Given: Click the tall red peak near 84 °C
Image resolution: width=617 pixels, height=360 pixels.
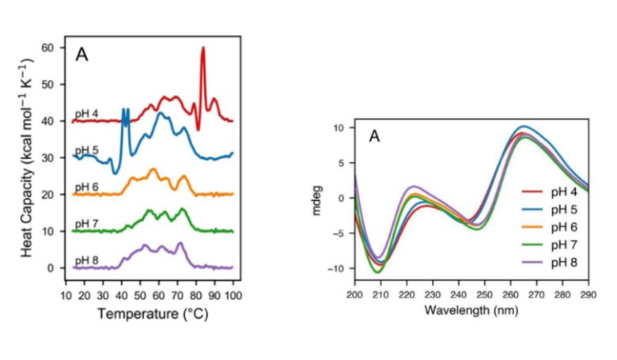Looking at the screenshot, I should [203, 49].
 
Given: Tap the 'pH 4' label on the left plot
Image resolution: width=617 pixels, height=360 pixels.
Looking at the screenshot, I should [85, 114].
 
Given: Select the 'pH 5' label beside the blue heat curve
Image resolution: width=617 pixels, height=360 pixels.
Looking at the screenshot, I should [85, 150].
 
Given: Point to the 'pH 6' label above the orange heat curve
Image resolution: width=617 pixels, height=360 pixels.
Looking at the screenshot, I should [85, 187].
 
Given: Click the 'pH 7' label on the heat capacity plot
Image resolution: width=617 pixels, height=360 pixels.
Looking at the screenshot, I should [85, 223].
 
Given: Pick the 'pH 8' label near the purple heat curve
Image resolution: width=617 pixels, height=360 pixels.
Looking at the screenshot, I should [85, 260].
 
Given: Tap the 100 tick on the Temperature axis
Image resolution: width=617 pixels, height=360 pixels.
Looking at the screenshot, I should [232, 295].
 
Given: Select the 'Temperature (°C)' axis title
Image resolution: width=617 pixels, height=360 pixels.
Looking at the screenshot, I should [148, 313].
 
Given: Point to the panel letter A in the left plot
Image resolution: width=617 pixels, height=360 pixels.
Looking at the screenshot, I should [81, 55].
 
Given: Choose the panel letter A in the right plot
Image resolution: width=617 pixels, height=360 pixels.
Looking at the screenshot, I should [375, 137].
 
